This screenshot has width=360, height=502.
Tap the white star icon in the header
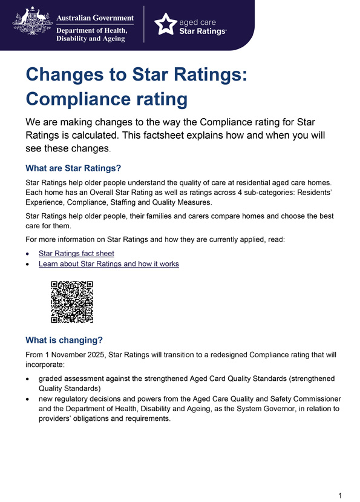[x=166, y=24]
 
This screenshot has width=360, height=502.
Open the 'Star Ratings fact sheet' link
[x=76, y=253]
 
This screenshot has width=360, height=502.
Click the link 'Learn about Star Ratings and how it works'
[x=108, y=264]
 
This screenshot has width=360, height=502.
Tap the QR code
[x=72, y=302]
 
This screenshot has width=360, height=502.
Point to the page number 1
[x=340, y=495]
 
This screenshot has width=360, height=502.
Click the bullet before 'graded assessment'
[x=28, y=378]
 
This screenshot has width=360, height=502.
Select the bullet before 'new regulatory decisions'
[x=28, y=398]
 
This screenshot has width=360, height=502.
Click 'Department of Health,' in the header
[x=93, y=30]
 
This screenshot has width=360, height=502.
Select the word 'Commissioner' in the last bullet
[x=312, y=398]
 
